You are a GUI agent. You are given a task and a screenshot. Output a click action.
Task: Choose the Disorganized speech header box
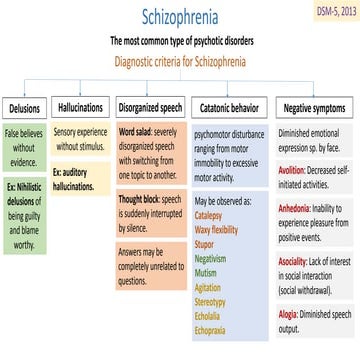click(149, 106)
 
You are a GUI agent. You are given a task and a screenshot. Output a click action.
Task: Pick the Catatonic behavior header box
click(229, 106)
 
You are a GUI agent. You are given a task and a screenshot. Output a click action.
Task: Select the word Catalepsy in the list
click(208, 214)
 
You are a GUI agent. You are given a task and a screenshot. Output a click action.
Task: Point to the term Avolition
click(292, 170)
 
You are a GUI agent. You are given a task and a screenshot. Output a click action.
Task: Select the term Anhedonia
click(295, 207)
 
